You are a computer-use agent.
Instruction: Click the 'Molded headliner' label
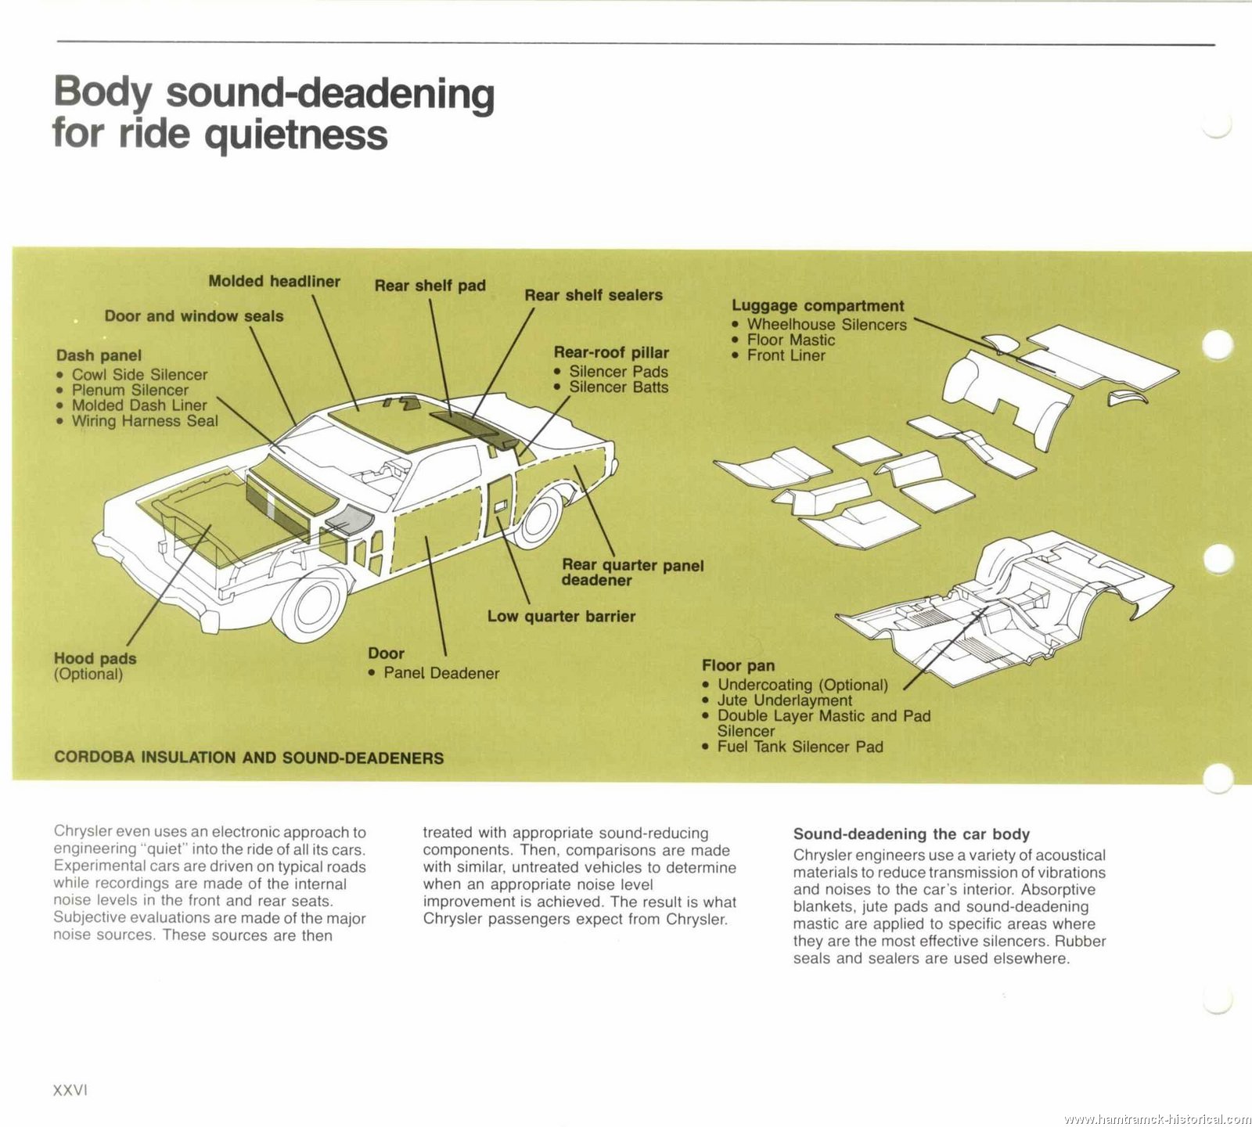274,281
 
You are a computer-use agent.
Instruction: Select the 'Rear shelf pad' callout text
430,286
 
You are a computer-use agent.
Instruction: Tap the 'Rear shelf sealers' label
593,295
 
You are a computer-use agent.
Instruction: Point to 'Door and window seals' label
194,316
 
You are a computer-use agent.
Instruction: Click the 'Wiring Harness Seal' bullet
145,421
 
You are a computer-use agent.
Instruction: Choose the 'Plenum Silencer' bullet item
130,390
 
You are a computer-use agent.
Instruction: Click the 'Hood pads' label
95,658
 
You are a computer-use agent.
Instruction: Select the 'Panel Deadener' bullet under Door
441,673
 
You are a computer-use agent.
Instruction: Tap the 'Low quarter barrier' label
561,617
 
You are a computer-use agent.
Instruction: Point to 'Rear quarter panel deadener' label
632,572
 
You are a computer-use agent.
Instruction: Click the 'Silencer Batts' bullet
618,387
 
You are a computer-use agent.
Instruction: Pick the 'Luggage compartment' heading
818,306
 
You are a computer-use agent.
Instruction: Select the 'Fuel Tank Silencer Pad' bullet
800,747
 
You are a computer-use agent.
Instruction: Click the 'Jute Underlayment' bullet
784,700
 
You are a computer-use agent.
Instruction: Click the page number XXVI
70,1090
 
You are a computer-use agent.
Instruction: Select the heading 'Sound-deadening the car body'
912,834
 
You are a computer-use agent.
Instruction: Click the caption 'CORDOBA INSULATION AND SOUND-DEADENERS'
249,758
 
